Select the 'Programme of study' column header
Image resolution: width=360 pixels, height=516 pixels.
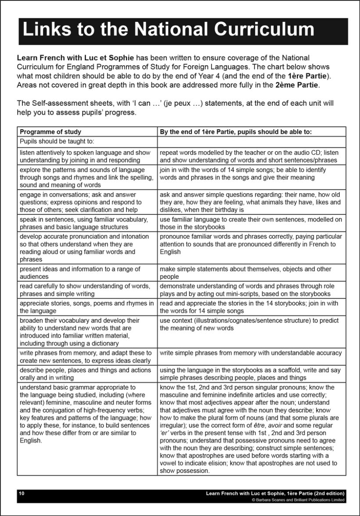[50, 132]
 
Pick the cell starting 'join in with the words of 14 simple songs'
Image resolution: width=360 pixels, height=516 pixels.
[243, 174]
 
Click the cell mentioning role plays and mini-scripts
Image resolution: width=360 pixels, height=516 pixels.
[246, 290]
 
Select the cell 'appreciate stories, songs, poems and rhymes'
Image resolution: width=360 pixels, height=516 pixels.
[86, 307]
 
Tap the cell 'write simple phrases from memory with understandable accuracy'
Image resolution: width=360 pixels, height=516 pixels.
[250, 353]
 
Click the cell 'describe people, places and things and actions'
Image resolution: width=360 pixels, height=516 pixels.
[85, 374]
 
